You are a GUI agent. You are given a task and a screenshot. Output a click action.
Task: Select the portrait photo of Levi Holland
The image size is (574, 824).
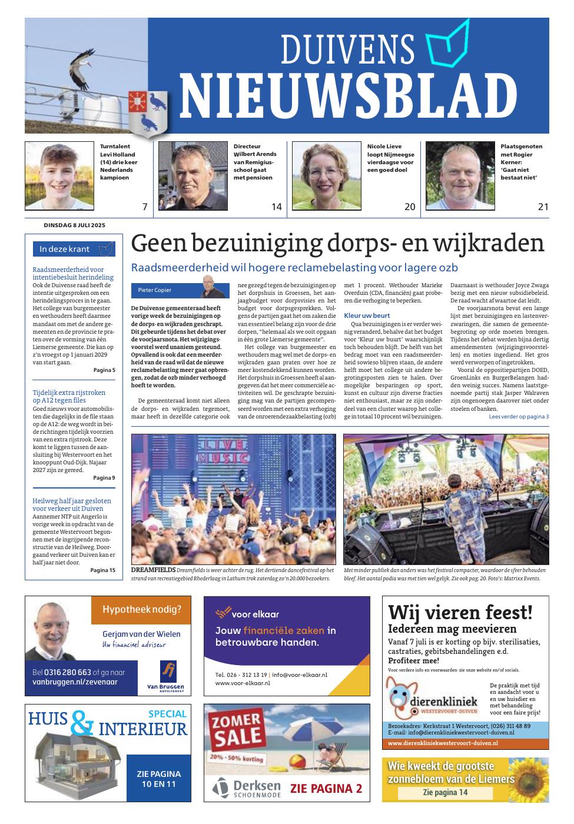coord(59,176)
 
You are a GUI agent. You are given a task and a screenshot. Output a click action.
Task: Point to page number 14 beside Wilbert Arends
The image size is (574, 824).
coord(276,207)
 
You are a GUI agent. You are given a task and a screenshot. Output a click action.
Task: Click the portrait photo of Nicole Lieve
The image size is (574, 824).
coord(326,176)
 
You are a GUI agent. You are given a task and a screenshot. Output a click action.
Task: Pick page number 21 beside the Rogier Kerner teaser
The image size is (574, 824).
coord(543,207)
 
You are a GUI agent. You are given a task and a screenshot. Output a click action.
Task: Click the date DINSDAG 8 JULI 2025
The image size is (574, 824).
coord(74,225)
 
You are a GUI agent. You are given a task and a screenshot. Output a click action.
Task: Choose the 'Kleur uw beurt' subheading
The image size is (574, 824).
coord(367,315)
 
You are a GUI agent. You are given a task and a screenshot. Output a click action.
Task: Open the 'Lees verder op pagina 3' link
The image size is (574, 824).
coord(519,417)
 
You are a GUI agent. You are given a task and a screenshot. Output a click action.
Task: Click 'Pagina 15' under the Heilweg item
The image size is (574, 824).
coord(103,570)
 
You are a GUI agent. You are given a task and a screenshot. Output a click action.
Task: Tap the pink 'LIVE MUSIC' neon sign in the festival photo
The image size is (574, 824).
coord(231,451)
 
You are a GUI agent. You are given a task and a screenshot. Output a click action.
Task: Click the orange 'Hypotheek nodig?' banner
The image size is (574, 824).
coord(141,610)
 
